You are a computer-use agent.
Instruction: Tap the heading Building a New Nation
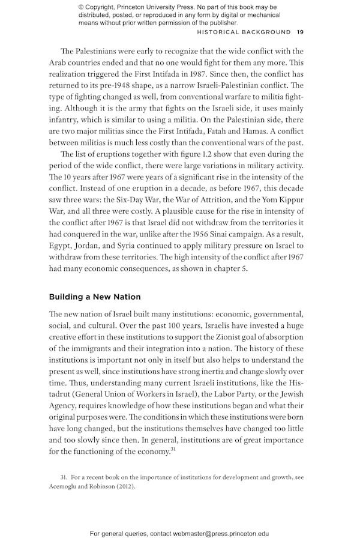point(95,297)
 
